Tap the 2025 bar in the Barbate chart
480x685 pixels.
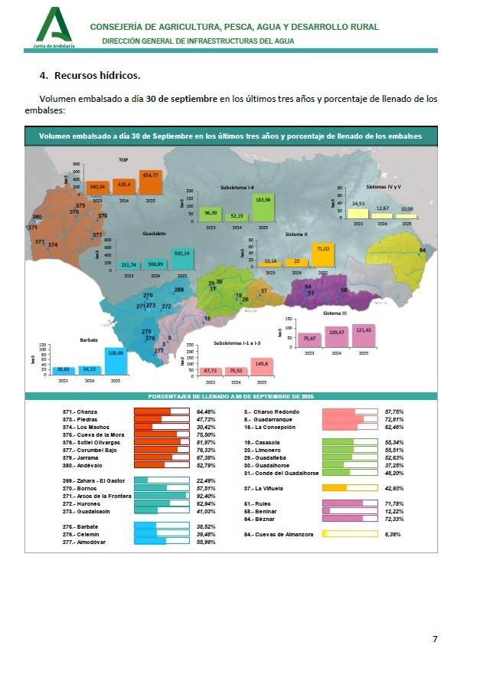click(x=116, y=362)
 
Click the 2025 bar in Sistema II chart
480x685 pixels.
click(x=322, y=256)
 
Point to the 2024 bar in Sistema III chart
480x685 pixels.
click(x=337, y=336)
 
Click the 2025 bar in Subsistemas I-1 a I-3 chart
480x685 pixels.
click(x=262, y=366)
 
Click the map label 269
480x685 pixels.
click(x=179, y=290)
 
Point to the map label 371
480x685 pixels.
click(x=32, y=228)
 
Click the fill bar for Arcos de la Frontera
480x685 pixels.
click(x=162, y=496)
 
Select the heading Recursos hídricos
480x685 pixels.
click(x=97, y=75)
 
